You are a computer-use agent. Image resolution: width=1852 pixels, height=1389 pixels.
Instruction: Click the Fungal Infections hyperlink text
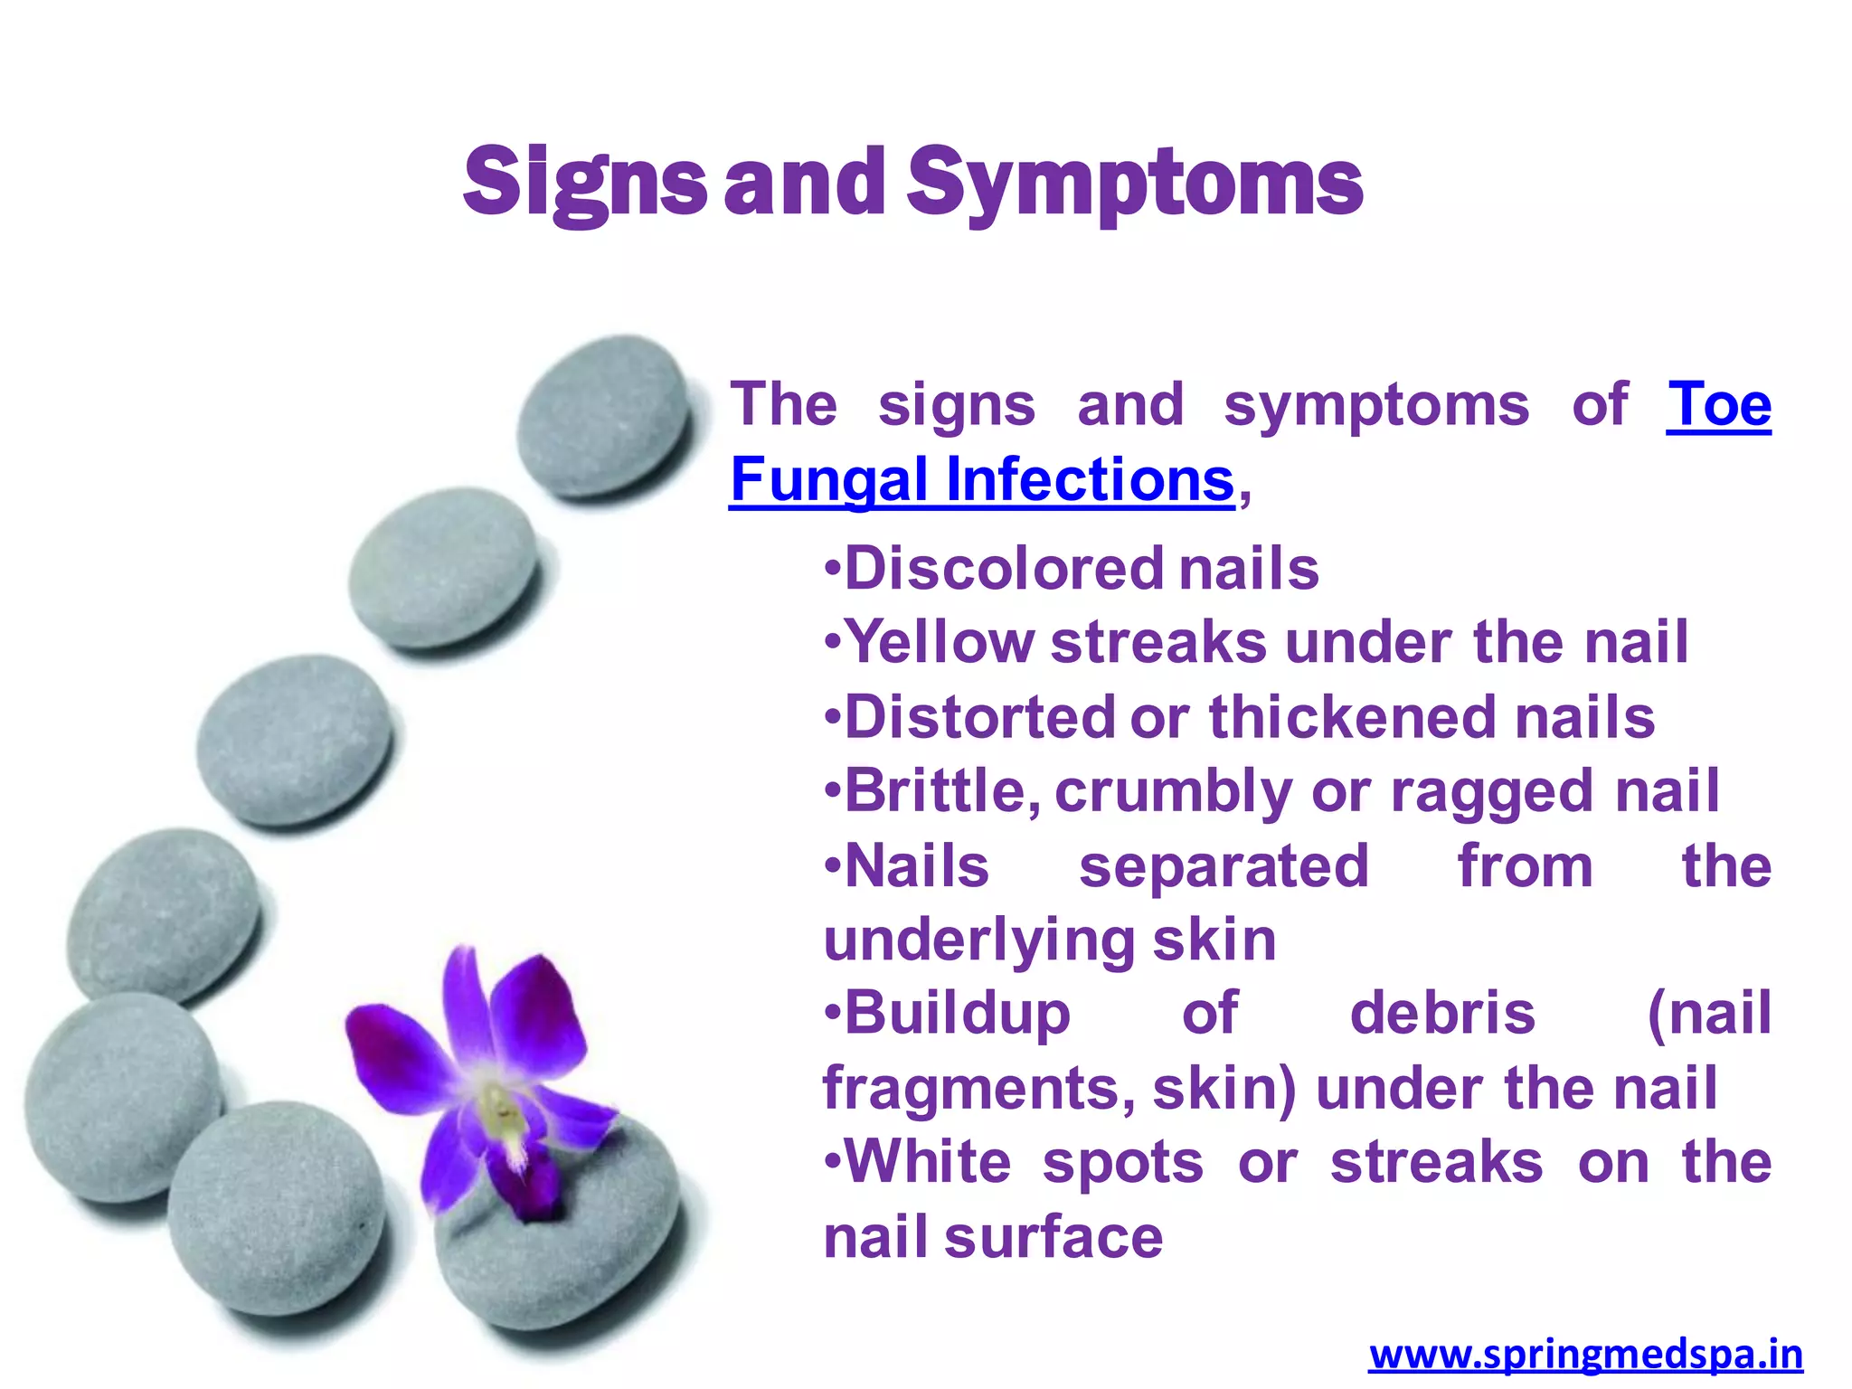[982, 479]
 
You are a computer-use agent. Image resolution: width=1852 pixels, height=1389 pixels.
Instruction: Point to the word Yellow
[940, 643]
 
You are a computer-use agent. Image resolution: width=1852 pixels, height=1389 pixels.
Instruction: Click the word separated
[1224, 867]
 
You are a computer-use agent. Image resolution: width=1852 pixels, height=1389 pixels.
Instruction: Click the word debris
[1441, 1013]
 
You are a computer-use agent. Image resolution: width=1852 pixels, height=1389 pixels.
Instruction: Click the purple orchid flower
[488, 1076]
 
